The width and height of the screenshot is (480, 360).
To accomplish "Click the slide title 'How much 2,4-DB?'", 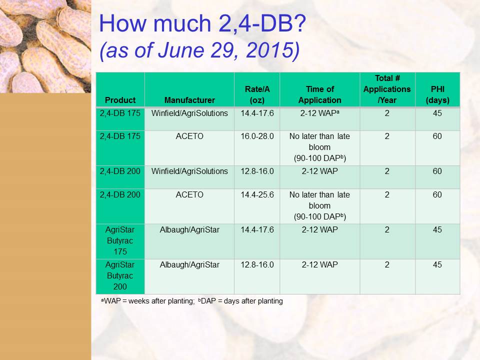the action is pyautogui.click(x=202, y=23).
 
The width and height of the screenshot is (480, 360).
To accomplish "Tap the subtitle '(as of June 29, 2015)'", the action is pyautogui.click(x=199, y=50).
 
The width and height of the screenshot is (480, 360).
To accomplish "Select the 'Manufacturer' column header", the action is pyautogui.click(x=189, y=100).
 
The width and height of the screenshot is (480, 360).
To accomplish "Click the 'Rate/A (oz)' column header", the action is pyautogui.click(x=257, y=94).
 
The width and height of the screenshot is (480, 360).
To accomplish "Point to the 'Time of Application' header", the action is pyautogui.click(x=319, y=94).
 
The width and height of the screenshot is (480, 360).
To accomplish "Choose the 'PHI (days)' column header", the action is pyautogui.click(x=437, y=94).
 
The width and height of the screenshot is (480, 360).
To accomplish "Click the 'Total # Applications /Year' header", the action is pyautogui.click(x=387, y=89).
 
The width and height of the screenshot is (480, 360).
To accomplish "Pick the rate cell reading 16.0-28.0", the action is pyautogui.click(x=257, y=136).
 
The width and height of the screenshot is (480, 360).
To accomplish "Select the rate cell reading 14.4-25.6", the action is pyautogui.click(x=257, y=194).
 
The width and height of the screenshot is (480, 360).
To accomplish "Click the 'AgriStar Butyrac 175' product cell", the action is pyautogui.click(x=120, y=240).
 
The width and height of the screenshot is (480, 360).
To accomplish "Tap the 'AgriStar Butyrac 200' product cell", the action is pyautogui.click(x=120, y=275).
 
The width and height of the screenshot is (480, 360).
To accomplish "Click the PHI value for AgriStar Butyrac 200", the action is pyautogui.click(x=437, y=265).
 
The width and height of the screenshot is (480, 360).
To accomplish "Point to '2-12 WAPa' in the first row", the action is pyautogui.click(x=319, y=113).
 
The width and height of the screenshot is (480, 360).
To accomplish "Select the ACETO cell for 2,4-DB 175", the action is pyautogui.click(x=189, y=136).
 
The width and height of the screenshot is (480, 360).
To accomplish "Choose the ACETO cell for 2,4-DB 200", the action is pyautogui.click(x=189, y=194).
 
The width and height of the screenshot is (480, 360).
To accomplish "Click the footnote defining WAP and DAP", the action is pyautogui.click(x=192, y=301).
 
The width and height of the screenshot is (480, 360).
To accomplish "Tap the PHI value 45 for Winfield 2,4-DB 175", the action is pyautogui.click(x=437, y=113).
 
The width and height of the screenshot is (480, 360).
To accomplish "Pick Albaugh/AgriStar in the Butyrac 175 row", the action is pyautogui.click(x=189, y=230).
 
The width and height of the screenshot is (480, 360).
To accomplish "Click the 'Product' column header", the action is pyautogui.click(x=120, y=100).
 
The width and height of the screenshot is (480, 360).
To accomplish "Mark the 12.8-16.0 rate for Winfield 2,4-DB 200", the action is pyautogui.click(x=257, y=171).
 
